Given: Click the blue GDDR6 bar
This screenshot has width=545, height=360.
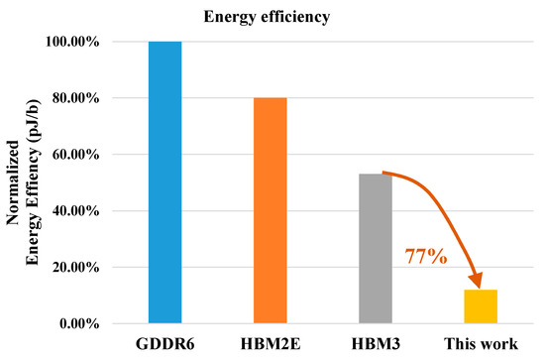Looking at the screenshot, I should click(164, 182).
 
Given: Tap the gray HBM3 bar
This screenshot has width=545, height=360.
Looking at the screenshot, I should click(378, 248).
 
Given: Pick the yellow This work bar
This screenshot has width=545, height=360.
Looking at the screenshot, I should click(481, 306).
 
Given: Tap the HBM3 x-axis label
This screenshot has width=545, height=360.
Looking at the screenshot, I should click(377, 346).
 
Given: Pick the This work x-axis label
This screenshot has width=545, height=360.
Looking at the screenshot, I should click(482, 346).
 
